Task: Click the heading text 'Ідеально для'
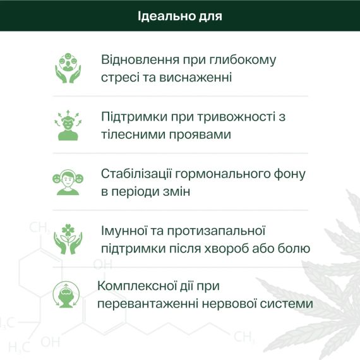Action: [180, 15]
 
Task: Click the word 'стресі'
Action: [118, 78]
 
